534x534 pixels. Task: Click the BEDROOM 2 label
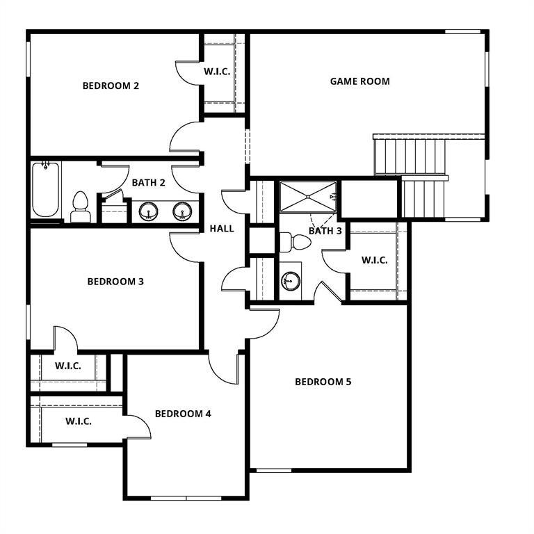(x=111, y=86)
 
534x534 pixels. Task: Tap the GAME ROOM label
(x=359, y=81)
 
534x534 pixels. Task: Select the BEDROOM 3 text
(x=115, y=282)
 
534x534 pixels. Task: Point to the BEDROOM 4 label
(x=183, y=414)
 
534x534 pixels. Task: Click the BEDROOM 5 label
(x=323, y=382)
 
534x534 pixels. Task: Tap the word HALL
(x=222, y=229)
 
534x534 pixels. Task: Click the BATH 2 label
(x=148, y=183)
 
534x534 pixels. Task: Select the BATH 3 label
(x=325, y=231)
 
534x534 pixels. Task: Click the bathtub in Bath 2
(x=46, y=190)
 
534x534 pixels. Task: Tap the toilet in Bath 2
(x=80, y=207)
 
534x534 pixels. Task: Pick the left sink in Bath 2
(x=148, y=211)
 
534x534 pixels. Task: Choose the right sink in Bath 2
(x=183, y=211)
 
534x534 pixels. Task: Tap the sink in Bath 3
(x=291, y=282)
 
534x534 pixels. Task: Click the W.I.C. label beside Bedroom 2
(x=217, y=72)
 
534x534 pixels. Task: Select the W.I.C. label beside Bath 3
(x=375, y=260)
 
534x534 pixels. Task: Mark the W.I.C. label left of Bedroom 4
(x=79, y=421)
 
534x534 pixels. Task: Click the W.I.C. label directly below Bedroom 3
(x=68, y=366)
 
